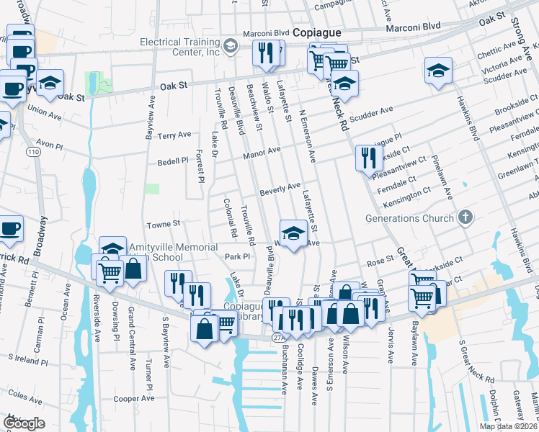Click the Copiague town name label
[320, 34]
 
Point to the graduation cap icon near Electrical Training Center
[230, 48]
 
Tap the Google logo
[24, 423]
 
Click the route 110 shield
[33, 153]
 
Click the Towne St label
[161, 224]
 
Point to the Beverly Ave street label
[280, 188]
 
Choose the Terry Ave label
[174, 135]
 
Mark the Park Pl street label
[236, 256]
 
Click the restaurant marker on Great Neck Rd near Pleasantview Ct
[368, 158]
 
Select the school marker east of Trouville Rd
[293, 233]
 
